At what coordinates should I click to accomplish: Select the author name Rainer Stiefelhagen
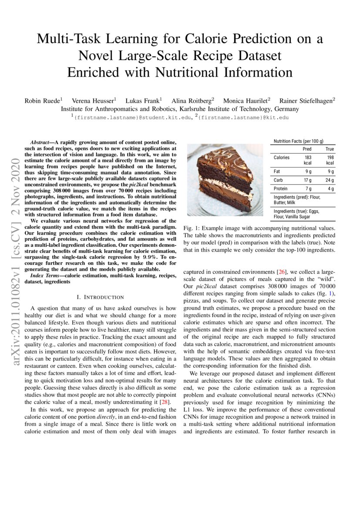307,100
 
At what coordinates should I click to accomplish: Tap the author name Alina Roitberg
192,100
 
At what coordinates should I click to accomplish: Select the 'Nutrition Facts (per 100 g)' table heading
298,142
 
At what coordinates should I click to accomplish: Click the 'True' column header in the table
330,149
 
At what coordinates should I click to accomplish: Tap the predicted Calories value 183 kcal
308,160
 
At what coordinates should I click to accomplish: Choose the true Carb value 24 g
330,180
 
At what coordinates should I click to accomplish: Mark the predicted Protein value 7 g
308,189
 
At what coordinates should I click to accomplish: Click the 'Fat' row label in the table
277,172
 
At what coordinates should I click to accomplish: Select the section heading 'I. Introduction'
100,297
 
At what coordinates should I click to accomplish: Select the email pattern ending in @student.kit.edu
132,117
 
